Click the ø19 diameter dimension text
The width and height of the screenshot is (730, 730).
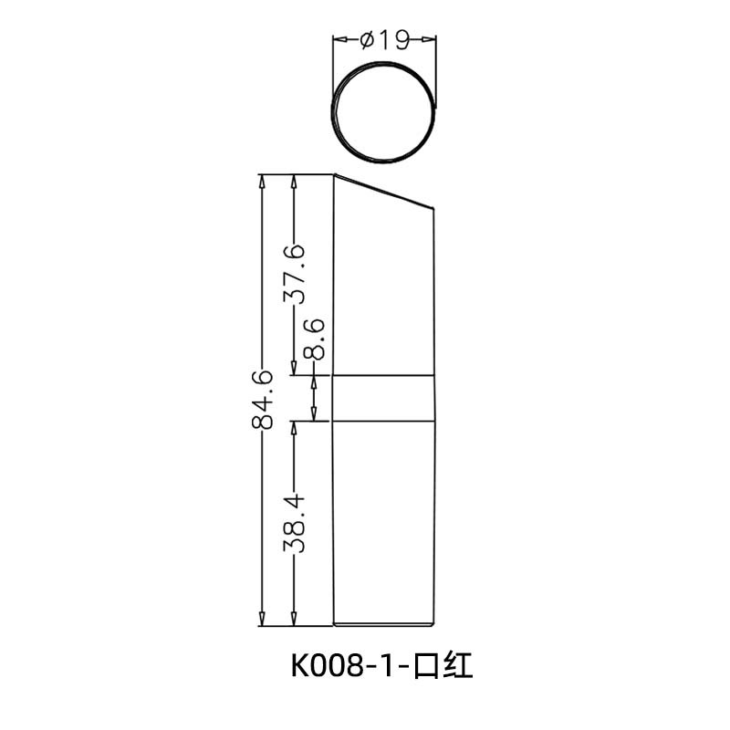click(x=383, y=39)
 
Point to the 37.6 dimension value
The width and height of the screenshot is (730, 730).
click(x=294, y=274)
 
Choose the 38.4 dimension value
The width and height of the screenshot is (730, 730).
click(x=294, y=522)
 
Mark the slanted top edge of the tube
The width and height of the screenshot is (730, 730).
click(x=383, y=191)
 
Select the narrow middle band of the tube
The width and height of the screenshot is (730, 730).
click(x=383, y=398)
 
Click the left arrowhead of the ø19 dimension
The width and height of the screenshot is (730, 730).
click(x=337, y=39)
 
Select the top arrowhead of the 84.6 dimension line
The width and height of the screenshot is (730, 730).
click(x=263, y=181)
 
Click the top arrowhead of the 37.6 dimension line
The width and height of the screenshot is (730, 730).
click(x=294, y=181)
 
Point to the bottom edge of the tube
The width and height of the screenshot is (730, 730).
click(x=383, y=626)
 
